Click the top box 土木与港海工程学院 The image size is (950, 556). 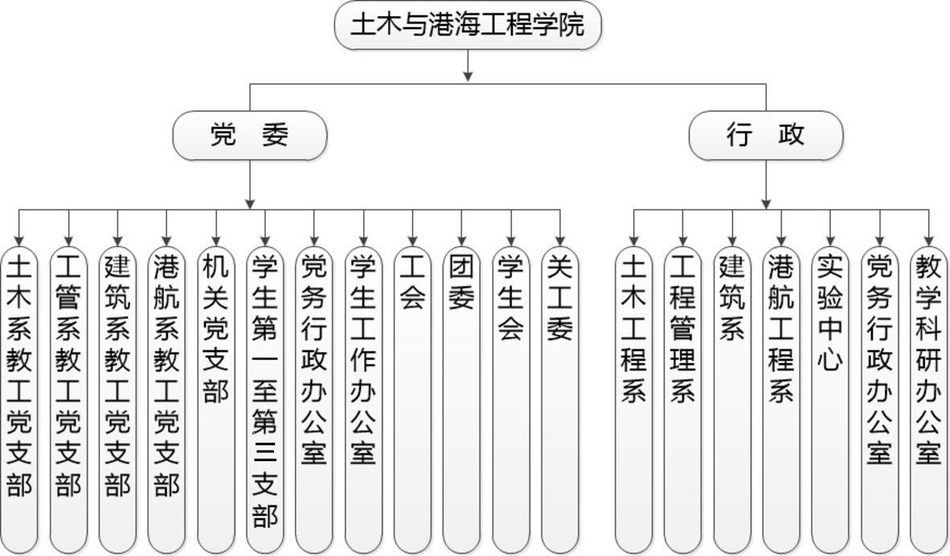point(468,26)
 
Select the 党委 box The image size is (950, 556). point(250,135)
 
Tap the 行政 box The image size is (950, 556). point(766,135)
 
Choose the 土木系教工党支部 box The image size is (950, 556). point(19,400)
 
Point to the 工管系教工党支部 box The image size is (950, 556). point(68,400)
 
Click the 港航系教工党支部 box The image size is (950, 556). point(166,400)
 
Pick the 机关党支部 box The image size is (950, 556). point(216,400)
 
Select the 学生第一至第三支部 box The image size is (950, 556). point(265,400)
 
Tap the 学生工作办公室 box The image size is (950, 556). point(363,400)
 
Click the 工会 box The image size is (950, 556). point(412,400)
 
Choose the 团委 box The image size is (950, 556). point(461,400)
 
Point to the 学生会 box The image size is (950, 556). point(510,400)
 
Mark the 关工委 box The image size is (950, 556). point(560,400)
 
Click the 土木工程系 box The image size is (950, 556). point(634,400)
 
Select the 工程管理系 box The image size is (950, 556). point(683,400)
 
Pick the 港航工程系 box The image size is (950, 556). point(781,400)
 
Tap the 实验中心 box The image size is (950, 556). point(830,400)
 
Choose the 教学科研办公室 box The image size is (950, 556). point(929,400)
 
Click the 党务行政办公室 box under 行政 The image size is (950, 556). point(880,400)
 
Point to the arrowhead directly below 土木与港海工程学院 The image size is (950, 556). point(468,76)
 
